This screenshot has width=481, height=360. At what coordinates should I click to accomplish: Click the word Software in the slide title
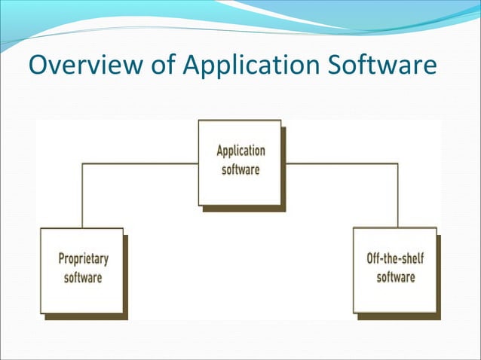[383, 65]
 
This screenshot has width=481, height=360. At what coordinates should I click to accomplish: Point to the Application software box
[240, 162]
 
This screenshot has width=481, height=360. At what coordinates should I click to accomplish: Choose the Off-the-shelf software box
[394, 269]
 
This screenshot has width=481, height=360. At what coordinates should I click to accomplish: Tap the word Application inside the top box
[240, 151]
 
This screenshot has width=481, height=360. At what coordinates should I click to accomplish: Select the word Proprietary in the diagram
[83, 260]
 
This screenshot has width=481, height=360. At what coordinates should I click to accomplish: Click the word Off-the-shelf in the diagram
[395, 259]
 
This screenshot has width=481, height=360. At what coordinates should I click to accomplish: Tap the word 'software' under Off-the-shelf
[396, 277]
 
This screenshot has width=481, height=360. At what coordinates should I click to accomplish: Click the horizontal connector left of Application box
[139, 163]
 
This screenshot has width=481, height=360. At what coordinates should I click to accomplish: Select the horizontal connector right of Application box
[339, 163]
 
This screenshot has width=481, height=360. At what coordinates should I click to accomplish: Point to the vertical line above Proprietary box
[81, 196]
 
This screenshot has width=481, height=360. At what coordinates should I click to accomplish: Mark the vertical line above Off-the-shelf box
[397, 196]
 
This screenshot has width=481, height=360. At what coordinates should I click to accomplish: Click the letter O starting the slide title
[38, 65]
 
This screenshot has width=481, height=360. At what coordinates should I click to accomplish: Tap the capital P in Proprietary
[62, 260]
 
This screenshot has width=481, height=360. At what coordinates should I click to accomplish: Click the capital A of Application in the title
[190, 65]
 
